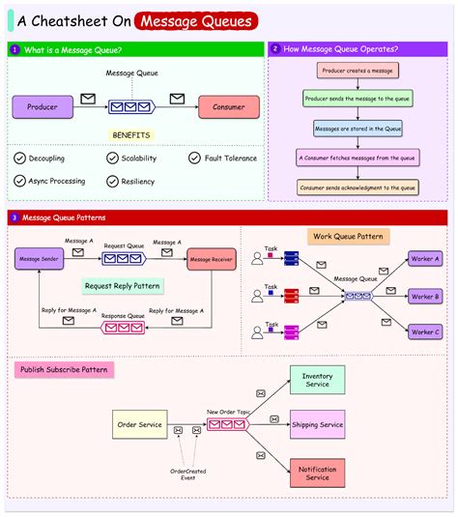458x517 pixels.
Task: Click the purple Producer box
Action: coord(43,107)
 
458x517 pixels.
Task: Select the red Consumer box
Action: coord(229,107)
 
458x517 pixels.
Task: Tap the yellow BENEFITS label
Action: coord(131,135)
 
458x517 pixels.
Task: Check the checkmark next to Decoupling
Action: coord(20,158)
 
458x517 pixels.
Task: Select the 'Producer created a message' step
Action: coord(358,71)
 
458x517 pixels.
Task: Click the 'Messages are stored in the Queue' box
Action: coord(358,128)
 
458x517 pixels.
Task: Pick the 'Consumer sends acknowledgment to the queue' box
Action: coord(358,187)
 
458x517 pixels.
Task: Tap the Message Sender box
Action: coord(40,259)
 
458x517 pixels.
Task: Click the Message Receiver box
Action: coord(213,259)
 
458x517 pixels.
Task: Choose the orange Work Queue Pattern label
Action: coord(347,236)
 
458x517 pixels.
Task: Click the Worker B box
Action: coord(425,297)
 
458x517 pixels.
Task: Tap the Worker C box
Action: coord(425,332)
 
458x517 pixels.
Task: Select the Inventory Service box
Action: coord(317,380)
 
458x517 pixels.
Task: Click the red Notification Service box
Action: coord(317,472)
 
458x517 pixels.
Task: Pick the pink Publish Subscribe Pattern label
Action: coord(65,369)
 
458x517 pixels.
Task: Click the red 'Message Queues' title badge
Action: coord(196,19)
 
